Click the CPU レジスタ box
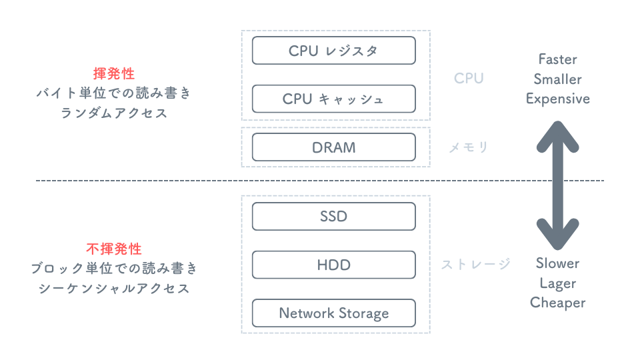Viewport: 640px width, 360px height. coord(333,51)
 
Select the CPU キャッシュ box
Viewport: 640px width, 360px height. coord(333,99)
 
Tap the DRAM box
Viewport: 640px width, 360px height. coord(333,147)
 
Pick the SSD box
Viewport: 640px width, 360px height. coord(333,217)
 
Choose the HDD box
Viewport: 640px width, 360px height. coord(333,265)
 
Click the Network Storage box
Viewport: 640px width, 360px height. coord(333,313)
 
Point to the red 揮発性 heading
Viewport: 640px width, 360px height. coord(114,73)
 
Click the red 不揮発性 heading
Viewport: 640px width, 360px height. coord(114,249)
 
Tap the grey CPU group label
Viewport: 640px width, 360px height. coord(469,79)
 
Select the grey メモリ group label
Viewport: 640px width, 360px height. coord(469,147)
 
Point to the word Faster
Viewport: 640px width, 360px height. coord(558,59)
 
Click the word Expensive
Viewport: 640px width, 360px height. coord(558,99)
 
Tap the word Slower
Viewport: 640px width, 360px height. coord(558,263)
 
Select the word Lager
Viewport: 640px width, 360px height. coord(558,283)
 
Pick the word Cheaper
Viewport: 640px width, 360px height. coord(558,303)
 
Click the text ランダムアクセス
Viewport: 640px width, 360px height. coord(114,113)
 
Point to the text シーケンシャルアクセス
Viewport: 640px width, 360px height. coord(114,288)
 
